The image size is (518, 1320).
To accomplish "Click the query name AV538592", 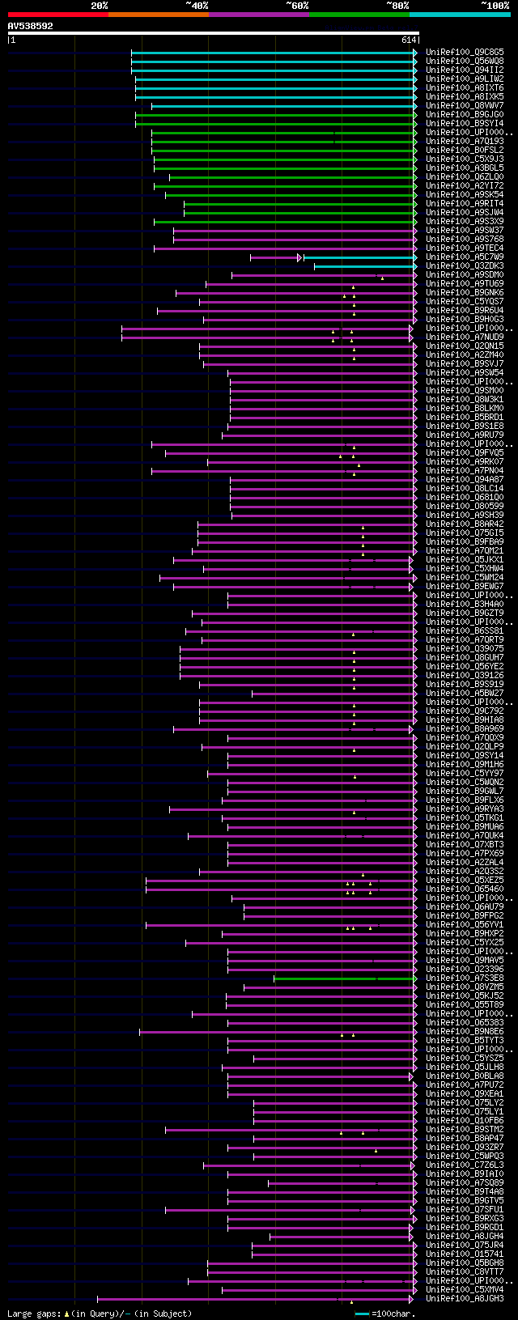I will pyautogui.click(x=30, y=26).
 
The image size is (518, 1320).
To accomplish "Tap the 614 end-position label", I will pyautogui.click(x=409, y=40).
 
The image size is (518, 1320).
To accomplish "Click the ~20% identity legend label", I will pyautogui.click(x=99, y=6).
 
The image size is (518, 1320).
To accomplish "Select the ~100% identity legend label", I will pyautogui.click(x=495, y=6).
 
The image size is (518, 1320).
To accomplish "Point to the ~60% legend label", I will pyautogui.click(x=296, y=6).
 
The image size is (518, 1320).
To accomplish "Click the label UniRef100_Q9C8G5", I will pyautogui.click(x=465, y=53).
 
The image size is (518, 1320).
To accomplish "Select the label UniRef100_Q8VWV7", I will pyautogui.click(x=465, y=106).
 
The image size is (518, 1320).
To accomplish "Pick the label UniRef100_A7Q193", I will pyautogui.click(x=465, y=142).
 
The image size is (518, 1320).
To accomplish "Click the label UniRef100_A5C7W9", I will pyautogui.click(x=465, y=257).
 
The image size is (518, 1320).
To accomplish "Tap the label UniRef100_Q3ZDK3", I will pyautogui.click(x=465, y=266).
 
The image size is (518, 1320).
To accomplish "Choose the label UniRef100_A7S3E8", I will pyautogui.click(x=465, y=978).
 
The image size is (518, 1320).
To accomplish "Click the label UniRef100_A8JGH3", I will pyautogui.click(x=465, y=1299).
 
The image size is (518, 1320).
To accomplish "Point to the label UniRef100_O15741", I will pyautogui.click(x=465, y=1254).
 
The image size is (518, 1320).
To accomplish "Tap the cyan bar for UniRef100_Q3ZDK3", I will pyautogui.click(x=364, y=266).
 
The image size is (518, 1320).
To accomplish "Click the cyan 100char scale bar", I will pyautogui.click(x=362, y=1314).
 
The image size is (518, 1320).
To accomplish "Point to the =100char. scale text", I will pyautogui.click(x=393, y=1314).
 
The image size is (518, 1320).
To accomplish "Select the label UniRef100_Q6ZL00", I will pyautogui.click(x=465, y=177).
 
